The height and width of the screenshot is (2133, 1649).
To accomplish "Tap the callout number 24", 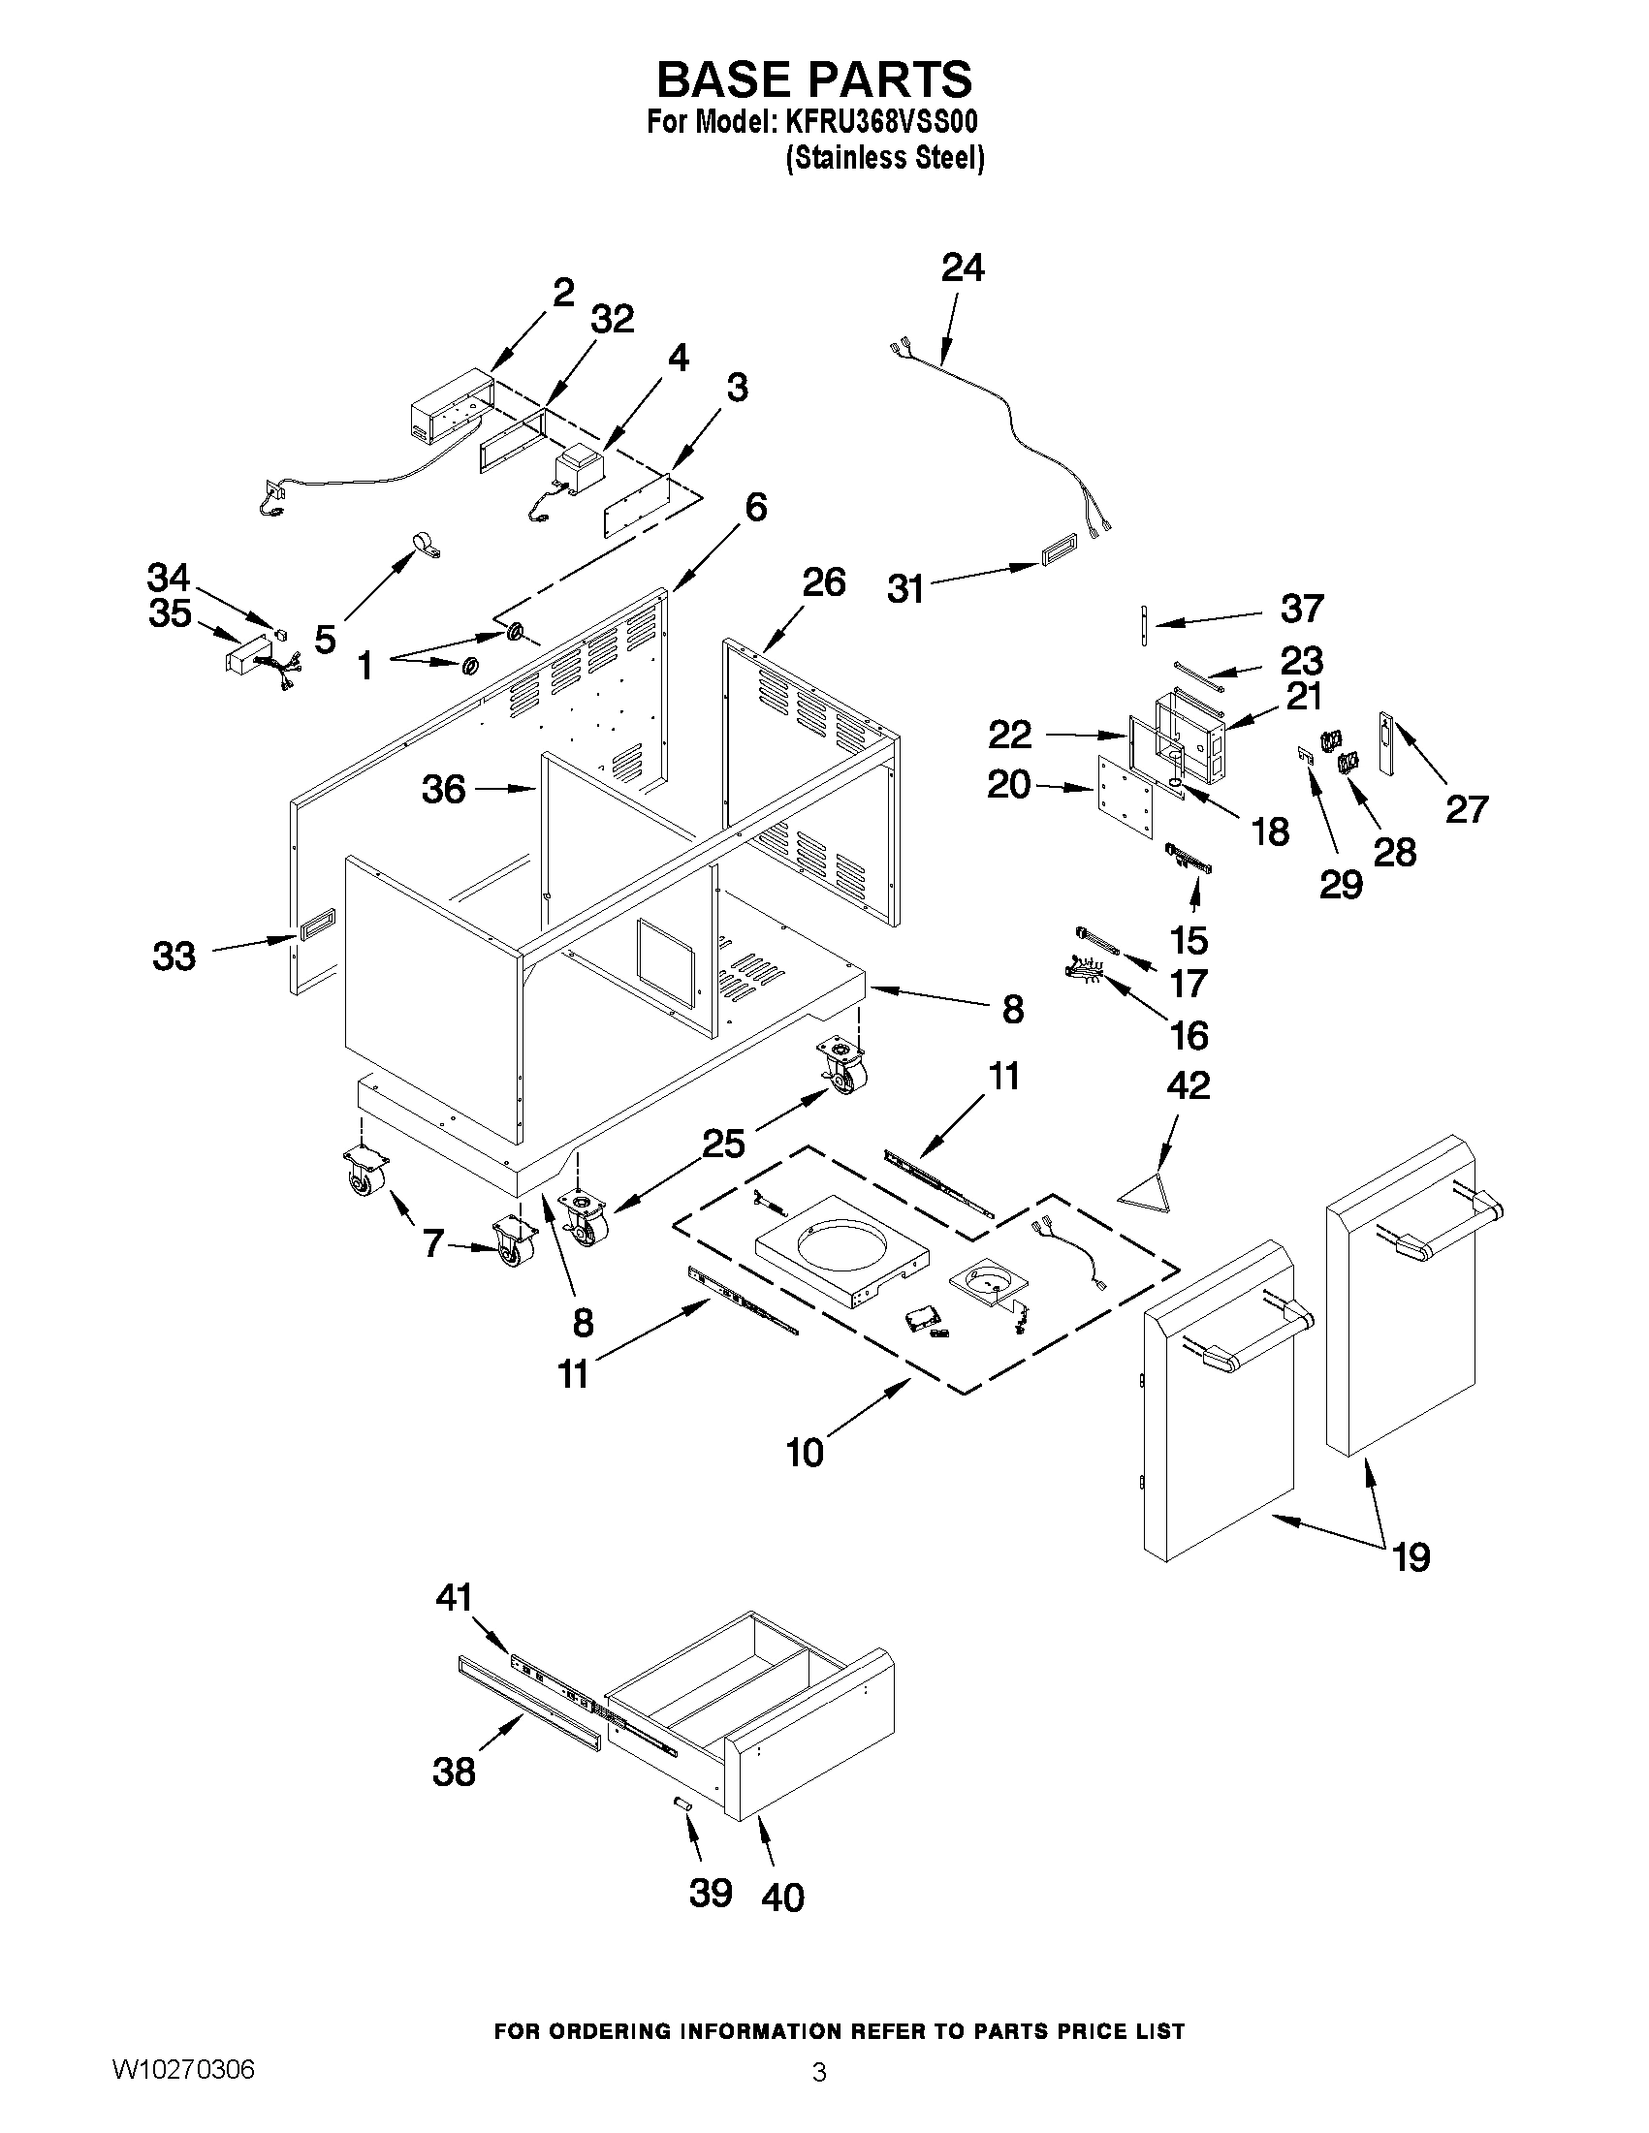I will coord(963,267).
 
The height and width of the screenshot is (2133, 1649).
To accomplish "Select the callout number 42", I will coord(1188,1085).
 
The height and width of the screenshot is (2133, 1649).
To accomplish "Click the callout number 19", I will coord(1411,1556).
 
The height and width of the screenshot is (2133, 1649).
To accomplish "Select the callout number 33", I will coord(174,957).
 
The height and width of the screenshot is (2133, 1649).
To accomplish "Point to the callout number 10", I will coord(805,1481).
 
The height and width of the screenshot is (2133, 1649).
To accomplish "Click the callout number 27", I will coord(1467,808).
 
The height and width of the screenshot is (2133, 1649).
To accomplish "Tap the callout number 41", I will coord(454,1598).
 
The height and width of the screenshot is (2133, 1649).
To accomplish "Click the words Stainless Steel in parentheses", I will coord(885,158).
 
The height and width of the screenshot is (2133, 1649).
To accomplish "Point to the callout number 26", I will coord(823,582).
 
